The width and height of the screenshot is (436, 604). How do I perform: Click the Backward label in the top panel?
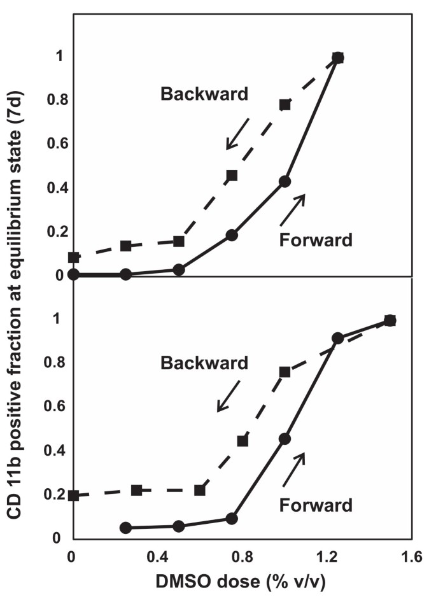pyautogui.click(x=204, y=94)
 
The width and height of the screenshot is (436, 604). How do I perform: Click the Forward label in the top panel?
pyautogui.click(x=316, y=240)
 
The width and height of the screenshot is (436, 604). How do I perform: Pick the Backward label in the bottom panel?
pyautogui.click(x=204, y=363)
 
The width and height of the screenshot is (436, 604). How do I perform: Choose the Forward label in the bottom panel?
pyautogui.click(x=316, y=505)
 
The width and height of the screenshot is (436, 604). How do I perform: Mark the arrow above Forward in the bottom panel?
pyautogui.click(x=295, y=468)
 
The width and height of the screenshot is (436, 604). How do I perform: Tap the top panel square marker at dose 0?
pyautogui.click(x=74, y=258)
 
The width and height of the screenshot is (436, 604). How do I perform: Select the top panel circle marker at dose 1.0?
pyautogui.click(x=285, y=181)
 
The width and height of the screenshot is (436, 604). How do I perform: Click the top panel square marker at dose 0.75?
pyautogui.click(x=232, y=175)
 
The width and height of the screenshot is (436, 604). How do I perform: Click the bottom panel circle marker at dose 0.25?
pyautogui.click(x=126, y=528)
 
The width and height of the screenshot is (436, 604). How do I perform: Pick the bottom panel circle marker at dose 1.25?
pyautogui.click(x=337, y=338)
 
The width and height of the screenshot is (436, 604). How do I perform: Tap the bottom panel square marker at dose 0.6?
pyautogui.click(x=200, y=490)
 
